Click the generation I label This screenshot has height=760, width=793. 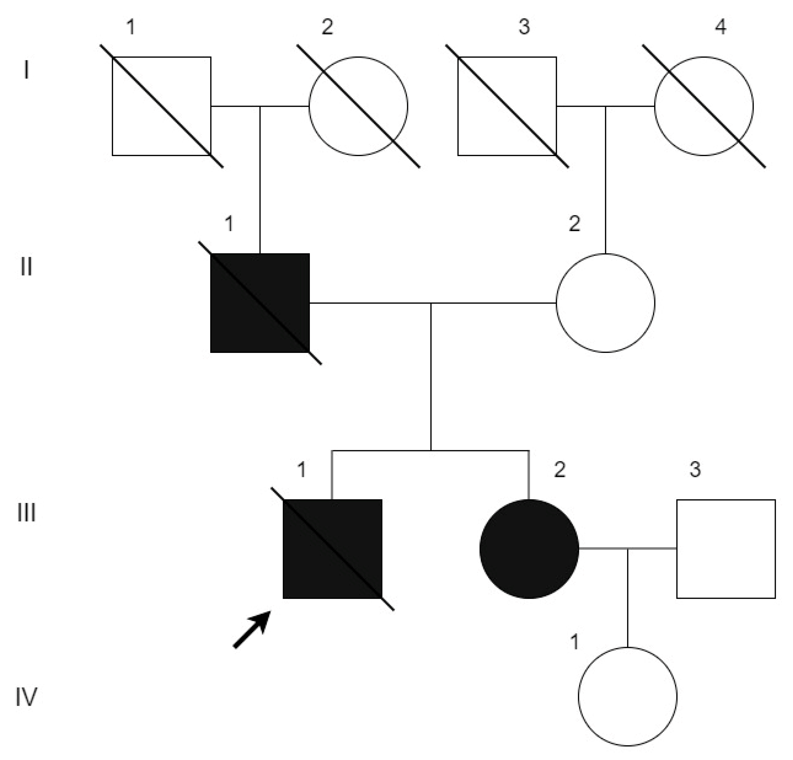[26, 70]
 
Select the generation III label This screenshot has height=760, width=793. [26, 512]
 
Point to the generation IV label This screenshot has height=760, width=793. [26, 696]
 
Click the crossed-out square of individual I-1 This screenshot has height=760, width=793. [161, 106]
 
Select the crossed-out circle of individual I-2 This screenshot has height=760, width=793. [358, 106]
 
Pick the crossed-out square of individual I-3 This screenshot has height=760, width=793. [507, 106]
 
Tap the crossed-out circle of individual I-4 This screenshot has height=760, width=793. [704, 106]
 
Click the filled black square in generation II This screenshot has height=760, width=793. [260, 303]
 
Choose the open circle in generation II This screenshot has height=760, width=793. [605, 303]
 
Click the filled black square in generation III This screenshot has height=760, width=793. [332, 549]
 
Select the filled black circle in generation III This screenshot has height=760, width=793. [529, 549]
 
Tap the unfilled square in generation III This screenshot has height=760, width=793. [726, 549]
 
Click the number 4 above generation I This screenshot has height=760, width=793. [721, 27]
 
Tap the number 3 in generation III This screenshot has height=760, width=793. [695, 470]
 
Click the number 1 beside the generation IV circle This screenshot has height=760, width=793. [574, 642]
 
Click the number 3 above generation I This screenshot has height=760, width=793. [524, 27]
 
